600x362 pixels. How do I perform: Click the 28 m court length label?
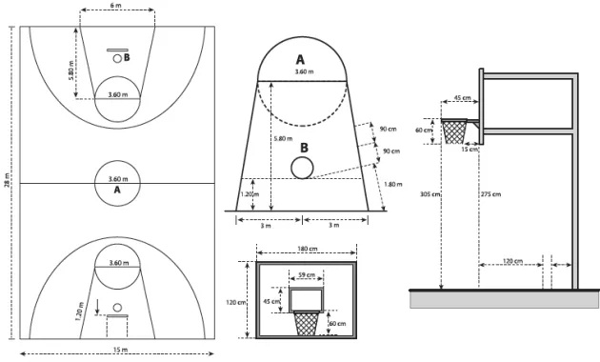(7, 181)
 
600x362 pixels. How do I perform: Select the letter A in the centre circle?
(117, 190)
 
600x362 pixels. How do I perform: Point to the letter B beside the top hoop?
(127, 57)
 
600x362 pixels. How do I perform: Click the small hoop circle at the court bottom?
(117, 308)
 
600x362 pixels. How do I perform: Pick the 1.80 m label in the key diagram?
(392, 185)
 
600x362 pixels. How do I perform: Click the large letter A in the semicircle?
(300, 59)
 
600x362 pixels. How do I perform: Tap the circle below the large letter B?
(302, 168)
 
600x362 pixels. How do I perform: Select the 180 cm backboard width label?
(308, 249)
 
